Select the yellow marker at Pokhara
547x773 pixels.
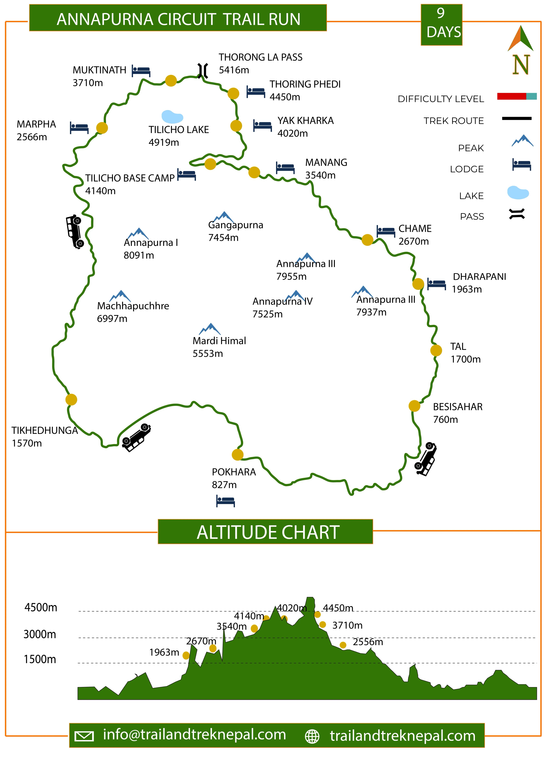pyautogui.click(x=238, y=455)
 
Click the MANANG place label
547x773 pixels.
pyautogui.click(x=326, y=162)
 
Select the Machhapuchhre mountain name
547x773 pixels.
pyautogui.click(x=133, y=306)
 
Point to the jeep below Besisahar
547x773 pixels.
pyautogui.click(x=426, y=459)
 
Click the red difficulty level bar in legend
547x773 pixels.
pyautogui.click(x=511, y=97)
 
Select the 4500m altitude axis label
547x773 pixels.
pyautogui.click(x=41, y=607)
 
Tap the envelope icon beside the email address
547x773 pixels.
pyautogui.click(x=84, y=736)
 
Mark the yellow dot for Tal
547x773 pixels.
pyautogui.click(x=436, y=350)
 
